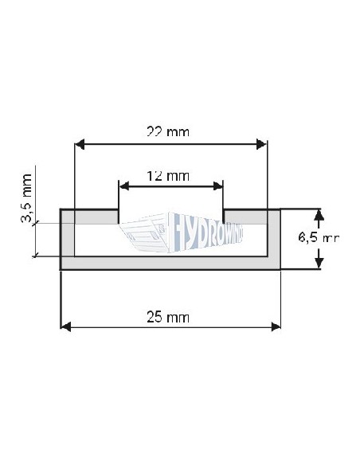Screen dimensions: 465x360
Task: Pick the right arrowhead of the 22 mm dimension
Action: (261, 144)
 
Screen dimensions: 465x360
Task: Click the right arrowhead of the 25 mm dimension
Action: (276, 326)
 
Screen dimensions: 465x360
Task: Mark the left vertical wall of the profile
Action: (68, 239)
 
